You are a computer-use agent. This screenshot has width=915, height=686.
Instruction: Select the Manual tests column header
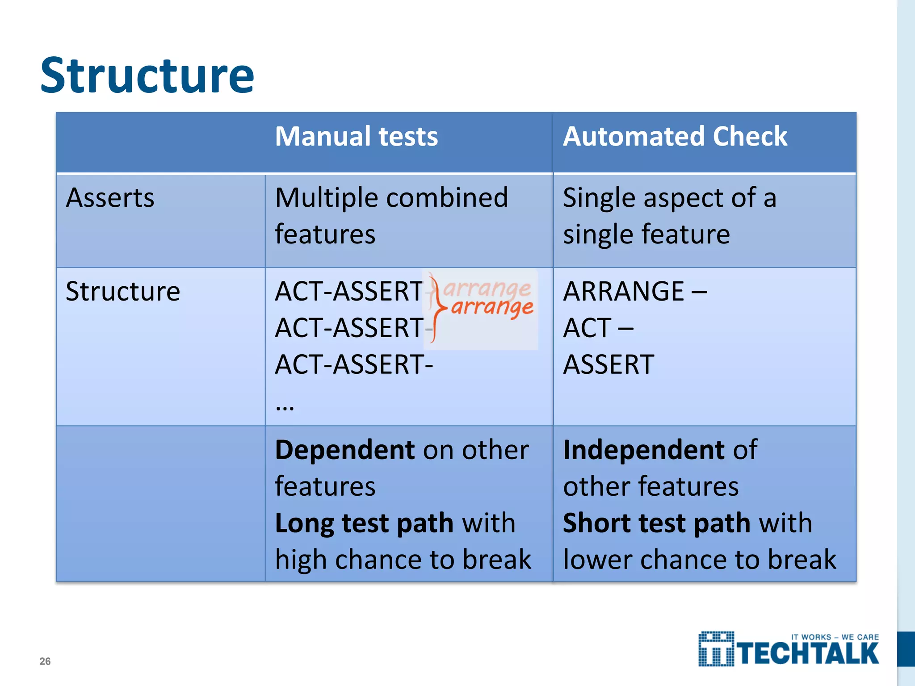point(356,136)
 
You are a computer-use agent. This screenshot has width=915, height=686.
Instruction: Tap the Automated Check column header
point(675,136)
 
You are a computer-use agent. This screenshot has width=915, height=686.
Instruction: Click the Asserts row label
point(110,197)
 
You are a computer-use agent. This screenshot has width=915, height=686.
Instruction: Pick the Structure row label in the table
point(123,291)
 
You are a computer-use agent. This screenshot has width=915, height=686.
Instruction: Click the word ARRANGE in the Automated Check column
point(624,291)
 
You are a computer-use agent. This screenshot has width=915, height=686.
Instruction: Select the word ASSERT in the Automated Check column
point(609,364)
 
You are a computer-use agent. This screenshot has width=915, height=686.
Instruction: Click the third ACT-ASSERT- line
point(353,364)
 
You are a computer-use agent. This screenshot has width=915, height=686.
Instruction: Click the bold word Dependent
point(345,450)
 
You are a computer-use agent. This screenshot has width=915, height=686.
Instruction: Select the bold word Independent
point(643,450)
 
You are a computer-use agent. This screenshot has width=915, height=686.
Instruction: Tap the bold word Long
point(304,523)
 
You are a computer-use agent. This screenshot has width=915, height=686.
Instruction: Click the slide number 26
point(45,661)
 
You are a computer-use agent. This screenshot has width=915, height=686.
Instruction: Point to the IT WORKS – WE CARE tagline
point(835,637)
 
